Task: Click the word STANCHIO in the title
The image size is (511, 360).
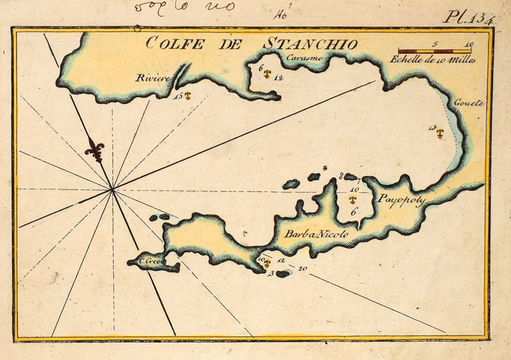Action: click(310, 44)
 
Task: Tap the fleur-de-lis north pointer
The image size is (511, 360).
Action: click(95, 149)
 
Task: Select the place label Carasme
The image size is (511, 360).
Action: click(305, 58)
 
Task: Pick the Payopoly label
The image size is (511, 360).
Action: click(400, 200)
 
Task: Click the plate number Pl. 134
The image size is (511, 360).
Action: click(468, 18)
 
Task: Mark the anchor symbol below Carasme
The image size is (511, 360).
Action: click(266, 74)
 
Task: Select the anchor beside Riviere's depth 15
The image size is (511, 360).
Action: click(188, 96)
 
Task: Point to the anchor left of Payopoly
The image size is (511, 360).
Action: click(352, 199)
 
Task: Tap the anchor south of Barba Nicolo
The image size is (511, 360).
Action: click(266, 262)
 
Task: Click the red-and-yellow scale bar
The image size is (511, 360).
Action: click(435, 51)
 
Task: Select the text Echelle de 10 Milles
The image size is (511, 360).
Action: click(432, 59)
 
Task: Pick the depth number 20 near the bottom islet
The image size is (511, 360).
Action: click(303, 268)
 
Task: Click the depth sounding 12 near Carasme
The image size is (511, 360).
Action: click(278, 78)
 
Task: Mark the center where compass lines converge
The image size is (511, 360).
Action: click(112, 190)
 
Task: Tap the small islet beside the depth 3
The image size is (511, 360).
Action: click(283, 274)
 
